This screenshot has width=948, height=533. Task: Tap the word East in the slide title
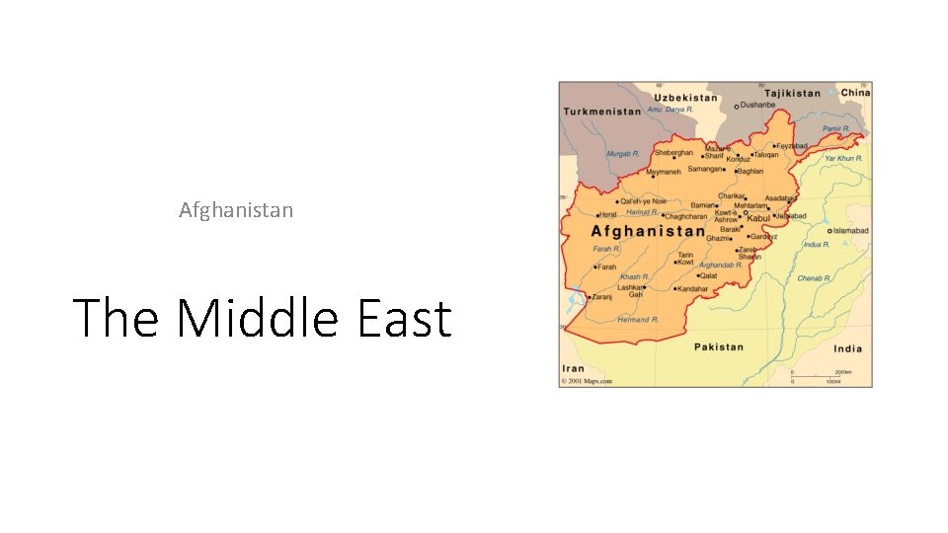tap(403, 319)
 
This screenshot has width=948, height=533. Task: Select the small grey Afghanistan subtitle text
tap(236, 210)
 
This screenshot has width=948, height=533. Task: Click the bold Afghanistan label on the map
tap(648, 231)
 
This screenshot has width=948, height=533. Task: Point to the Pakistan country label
tap(718, 347)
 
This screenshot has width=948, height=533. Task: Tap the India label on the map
tap(847, 348)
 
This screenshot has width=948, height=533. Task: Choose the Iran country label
tap(573, 369)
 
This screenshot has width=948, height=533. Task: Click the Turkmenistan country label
tap(601, 112)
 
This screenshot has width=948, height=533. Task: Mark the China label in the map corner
tap(855, 93)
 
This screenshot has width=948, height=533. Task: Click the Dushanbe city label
tap(758, 105)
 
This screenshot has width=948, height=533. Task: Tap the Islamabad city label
tap(850, 231)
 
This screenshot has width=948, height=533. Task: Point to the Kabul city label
tap(757, 218)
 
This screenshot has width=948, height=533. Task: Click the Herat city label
tap(608, 214)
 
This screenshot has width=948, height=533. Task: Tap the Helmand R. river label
tap(638, 320)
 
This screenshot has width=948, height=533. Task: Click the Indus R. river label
tap(816, 244)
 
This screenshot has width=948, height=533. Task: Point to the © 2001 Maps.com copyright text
tap(587, 381)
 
